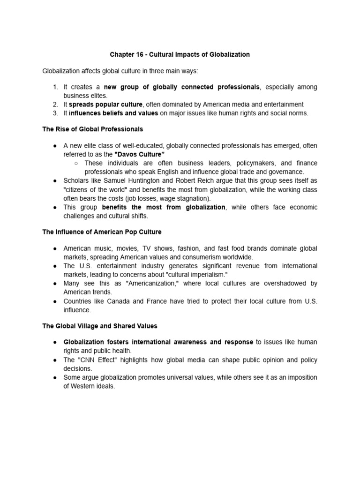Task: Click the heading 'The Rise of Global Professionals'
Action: pyautogui.click(x=93, y=129)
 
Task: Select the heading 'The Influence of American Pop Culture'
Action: pyautogui.click(x=102, y=232)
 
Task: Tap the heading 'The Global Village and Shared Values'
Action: pyautogui.click(x=100, y=326)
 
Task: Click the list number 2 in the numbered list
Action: pyautogui.click(x=55, y=105)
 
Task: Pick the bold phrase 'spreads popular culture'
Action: pyautogui.click(x=105, y=105)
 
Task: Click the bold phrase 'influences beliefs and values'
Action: pyautogui.click(x=113, y=113)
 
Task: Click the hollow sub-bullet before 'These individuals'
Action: pyautogui.click(x=76, y=163)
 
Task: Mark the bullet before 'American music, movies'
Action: pyautogui.click(x=55, y=248)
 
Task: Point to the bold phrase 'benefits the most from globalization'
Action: pyautogui.click(x=164, y=207)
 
